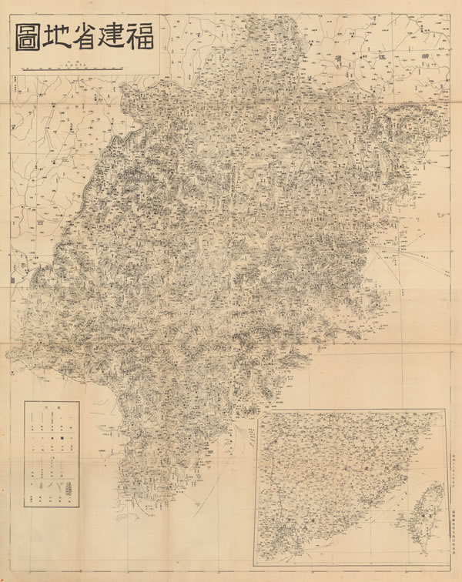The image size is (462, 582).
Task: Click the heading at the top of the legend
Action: [x=51, y=409]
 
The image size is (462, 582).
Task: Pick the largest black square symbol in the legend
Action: [x=52, y=439]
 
